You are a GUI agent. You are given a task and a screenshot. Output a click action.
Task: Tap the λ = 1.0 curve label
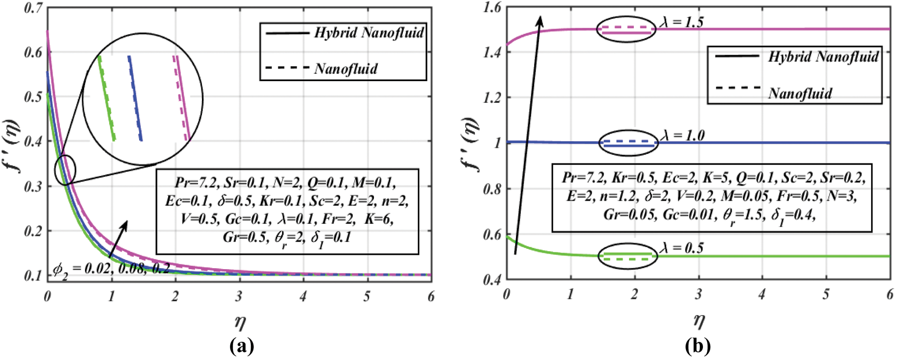(x=682, y=135)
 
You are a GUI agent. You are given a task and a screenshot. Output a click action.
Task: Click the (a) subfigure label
(x=242, y=346)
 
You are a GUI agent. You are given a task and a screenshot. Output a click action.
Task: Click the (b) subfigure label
(x=698, y=346)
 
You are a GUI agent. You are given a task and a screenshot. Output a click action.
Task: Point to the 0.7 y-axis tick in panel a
(x=33, y=9)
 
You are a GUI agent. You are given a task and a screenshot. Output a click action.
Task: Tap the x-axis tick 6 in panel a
(x=430, y=296)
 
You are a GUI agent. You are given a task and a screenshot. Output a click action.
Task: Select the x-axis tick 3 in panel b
(x=698, y=294)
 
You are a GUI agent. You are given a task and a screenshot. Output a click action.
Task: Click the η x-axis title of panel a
(x=240, y=321)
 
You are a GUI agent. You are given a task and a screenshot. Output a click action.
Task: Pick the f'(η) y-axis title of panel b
(x=470, y=144)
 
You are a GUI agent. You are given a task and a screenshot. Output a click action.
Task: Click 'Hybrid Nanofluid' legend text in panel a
(x=369, y=33)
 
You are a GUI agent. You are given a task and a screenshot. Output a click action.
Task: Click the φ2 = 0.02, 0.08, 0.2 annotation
(x=111, y=269)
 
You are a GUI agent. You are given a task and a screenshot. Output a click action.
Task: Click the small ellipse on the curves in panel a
(x=65, y=170)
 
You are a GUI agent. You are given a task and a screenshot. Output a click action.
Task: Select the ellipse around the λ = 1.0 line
(x=629, y=143)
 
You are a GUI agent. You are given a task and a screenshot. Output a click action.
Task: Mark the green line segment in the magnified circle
(x=107, y=99)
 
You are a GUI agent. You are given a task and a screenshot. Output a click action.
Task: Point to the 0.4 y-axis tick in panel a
(x=33, y=142)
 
